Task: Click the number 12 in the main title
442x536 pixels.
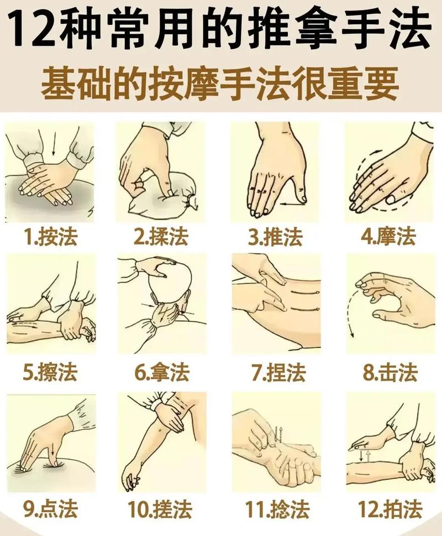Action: [35, 31]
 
